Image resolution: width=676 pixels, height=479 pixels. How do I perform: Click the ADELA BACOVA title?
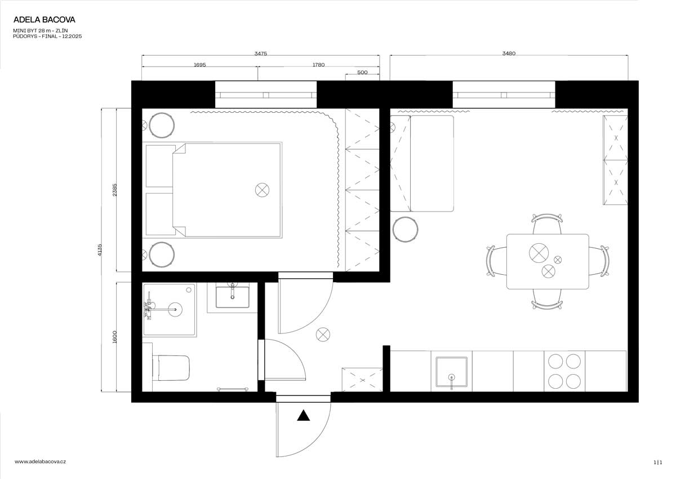point(44,20)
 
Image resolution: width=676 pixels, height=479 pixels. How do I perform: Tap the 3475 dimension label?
point(260,54)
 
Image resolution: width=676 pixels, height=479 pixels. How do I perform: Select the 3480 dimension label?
point(509,54)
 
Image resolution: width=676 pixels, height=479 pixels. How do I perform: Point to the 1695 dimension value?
point(199,65)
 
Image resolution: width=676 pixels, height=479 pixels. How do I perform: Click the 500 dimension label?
point(362,72)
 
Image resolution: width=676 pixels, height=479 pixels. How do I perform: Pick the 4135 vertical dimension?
point(100,249)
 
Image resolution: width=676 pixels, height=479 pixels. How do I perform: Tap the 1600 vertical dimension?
point(114,337)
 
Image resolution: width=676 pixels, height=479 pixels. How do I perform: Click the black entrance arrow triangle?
point(304,416)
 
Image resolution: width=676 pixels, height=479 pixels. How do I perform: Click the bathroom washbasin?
point(232,297)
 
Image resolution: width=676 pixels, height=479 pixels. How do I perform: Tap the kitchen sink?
point(451,371)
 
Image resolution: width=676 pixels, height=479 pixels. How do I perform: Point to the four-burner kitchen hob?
point(564,370)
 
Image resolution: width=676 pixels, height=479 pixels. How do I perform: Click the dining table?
point(547,261)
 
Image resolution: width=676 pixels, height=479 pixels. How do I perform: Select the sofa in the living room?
point(431,163)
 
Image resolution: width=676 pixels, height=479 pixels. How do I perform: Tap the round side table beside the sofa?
point(404,230)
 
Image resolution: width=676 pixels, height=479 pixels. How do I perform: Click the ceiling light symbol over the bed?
point(261,190)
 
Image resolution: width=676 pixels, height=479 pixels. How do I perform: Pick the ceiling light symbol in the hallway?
point(323,335)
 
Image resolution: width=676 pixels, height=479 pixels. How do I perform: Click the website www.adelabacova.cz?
point(41,462)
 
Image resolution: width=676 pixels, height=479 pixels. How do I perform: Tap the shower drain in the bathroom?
point(176,309)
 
